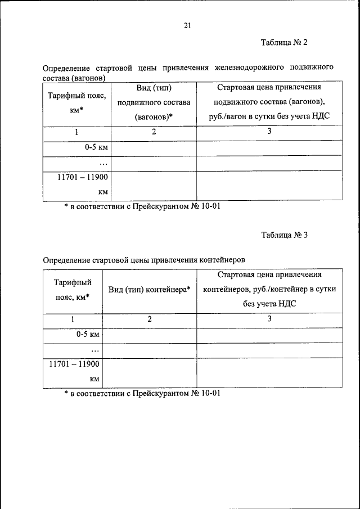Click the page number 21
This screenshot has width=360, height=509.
coord(188,25)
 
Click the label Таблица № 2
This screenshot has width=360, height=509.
coord(284,43)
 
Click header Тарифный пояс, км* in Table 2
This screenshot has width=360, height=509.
coord(77,103)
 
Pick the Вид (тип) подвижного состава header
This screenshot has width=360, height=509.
coord(154,103)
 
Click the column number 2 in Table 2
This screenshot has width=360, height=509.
coord(154,132)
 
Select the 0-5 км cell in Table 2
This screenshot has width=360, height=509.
coord(96,148)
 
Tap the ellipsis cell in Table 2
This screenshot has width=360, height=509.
coord(103,164)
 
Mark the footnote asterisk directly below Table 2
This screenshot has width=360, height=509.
coord(66,206)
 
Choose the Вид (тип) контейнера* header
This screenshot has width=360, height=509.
coord(150,290)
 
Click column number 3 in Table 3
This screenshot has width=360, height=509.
coord(269,319)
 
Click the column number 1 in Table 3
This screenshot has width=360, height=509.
coord(73,319)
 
